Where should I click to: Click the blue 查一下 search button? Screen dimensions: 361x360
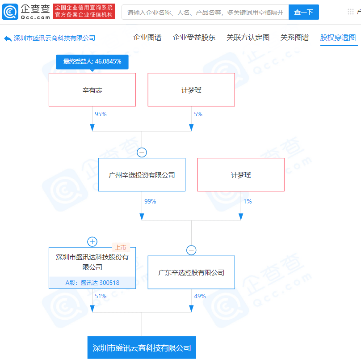tap(303, 12)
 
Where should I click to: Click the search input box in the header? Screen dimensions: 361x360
tap(205, 12)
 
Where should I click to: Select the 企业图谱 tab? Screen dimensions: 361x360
tap(147, 37)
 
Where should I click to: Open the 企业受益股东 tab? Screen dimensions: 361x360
tap(194, 37)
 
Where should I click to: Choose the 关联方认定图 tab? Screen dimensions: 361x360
tap(248, 37)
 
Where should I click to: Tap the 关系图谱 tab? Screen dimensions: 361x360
tap(295, 37)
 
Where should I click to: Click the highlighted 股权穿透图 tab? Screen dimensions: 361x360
tap(338, 37)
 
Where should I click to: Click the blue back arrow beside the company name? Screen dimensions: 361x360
tap(8, 38)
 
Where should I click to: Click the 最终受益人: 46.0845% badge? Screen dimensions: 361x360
tap(92, 62)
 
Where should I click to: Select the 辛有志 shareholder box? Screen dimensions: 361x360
tap(92, 89)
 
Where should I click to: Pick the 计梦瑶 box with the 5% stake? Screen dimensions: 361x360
tap(191, 89)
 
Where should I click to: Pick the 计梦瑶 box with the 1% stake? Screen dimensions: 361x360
tap(241, 175)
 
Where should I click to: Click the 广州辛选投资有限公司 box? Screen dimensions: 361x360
tap(142, 175)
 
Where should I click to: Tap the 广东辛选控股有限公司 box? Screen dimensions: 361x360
tap(191, 272)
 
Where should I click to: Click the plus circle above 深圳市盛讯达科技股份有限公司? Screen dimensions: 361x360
tap(92, 242)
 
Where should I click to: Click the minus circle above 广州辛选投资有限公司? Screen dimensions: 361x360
tap(142, 152)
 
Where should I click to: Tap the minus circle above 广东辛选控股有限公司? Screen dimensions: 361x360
tap(191, 250)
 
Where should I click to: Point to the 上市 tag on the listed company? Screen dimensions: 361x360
tap(121, 247)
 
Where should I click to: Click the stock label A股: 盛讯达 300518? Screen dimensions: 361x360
tap(92, 283)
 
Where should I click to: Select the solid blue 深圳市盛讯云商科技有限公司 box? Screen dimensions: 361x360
tap(142, 347)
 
